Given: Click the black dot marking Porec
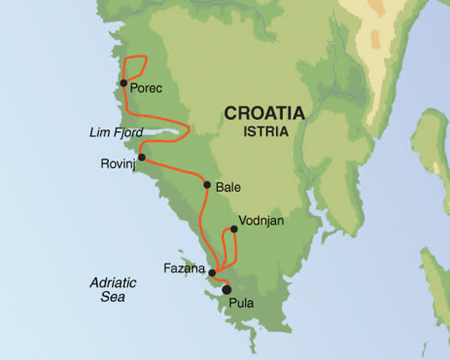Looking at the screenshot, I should click(x=124, y=83).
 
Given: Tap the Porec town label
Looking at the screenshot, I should click(x=147, y=87).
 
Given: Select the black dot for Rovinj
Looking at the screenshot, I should click(x=141, y=158).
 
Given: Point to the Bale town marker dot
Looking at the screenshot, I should click(x=207, y=184).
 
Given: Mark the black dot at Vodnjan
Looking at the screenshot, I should click(x=233, y=229).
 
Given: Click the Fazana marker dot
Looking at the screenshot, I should click(x=212, y=273).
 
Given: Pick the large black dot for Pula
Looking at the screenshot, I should click(x=226, y=290).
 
